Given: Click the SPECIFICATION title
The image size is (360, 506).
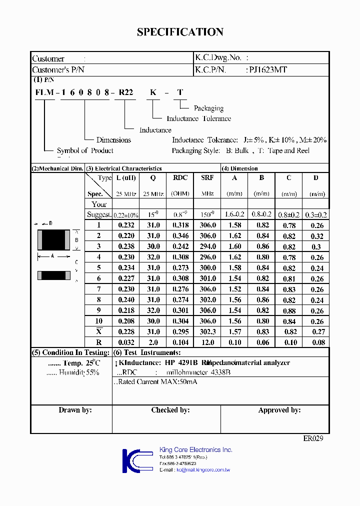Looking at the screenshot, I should click(x=180, y=32).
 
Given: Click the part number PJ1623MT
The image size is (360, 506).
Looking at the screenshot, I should click(x=268, y=70).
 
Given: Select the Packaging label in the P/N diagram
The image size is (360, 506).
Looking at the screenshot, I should click(x=208, y=108).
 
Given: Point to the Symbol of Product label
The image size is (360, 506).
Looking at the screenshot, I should click(x=85, y=150).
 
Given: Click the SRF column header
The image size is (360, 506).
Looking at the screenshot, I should click(x=207, y=177).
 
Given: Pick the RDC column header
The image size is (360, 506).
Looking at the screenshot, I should click(x=180, y=177).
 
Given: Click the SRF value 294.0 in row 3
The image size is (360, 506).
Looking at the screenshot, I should click(x=207, y=246).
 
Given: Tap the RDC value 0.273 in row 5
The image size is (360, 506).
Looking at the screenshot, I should click(x=180, y=268).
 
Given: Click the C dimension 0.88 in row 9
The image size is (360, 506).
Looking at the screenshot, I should click(x=289, y=310).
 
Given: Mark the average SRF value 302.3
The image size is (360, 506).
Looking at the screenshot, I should click(x=207, y=331).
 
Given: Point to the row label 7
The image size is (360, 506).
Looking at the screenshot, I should click(x=99, y=289).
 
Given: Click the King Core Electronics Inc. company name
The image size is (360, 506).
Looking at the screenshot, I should click(x=195, y=449).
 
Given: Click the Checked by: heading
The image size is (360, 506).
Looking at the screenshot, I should click(x=170, y=410).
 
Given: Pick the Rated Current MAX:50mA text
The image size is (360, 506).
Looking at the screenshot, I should click(x=157, y=382).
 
